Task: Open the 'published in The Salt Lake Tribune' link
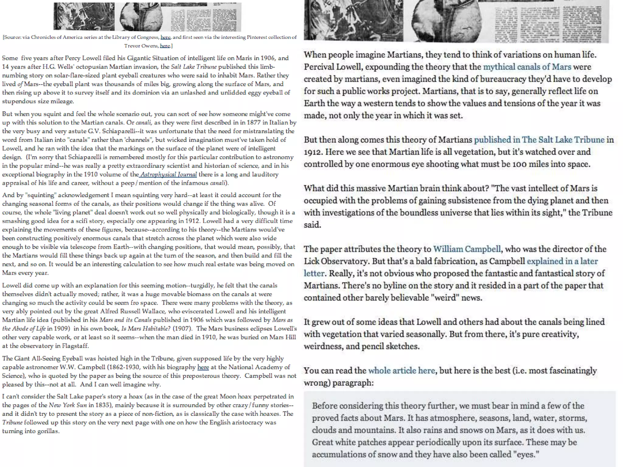click(x=539, y=140)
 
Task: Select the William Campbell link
click(x=467, y=249)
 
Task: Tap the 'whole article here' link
click(x=402, y=371)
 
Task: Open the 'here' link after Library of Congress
click(x=165, y=37)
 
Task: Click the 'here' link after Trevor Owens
click(x=165, y=46)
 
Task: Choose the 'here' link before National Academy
click(x=203, y=367)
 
